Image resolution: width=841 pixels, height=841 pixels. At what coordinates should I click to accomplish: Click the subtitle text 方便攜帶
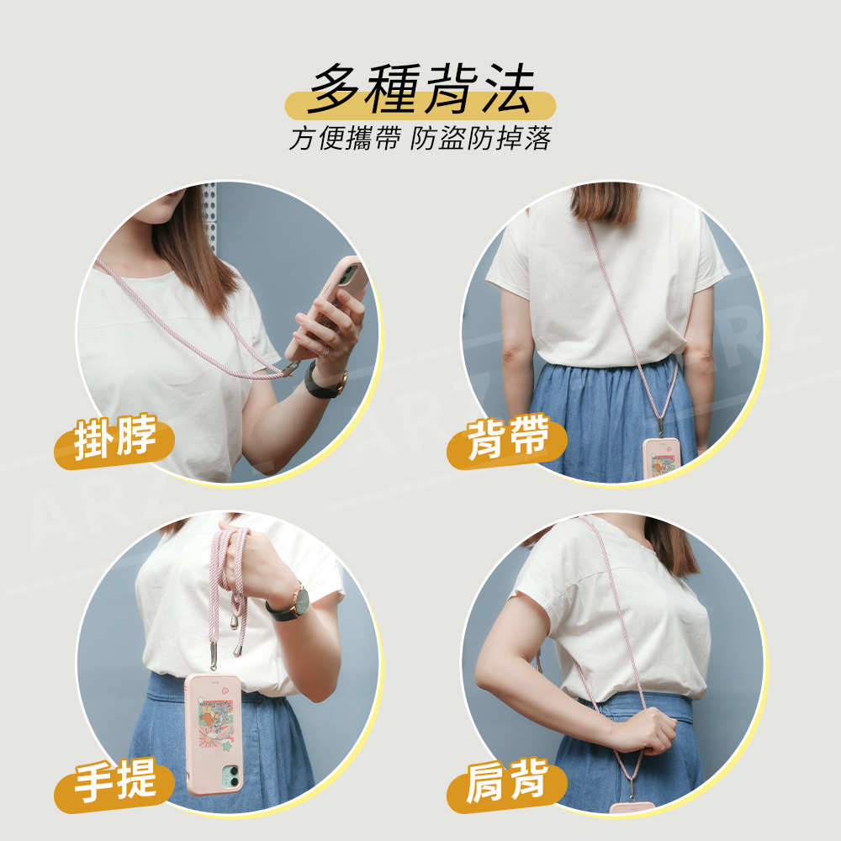tap(345, 139)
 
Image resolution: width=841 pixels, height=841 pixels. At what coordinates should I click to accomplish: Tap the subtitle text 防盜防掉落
tap(481, 139)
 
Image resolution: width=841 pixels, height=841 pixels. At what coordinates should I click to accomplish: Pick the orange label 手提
tap(114, 782)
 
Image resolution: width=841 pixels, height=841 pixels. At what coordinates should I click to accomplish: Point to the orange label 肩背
tap(507, 782)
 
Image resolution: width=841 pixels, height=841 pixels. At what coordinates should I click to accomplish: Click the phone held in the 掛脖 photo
tap(328, 306)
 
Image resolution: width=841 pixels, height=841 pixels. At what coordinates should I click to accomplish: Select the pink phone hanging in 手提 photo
tap(214, 734)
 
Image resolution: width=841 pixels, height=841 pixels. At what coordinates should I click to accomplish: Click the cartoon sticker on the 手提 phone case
tap(216, 722)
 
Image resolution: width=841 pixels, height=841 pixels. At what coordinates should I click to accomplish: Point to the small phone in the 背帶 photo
tap(662, 458)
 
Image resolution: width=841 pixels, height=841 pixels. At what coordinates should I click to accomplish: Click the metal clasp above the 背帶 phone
tap(661, 426)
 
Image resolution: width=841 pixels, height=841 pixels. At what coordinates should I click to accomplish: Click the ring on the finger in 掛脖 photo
tap(325, 352)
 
